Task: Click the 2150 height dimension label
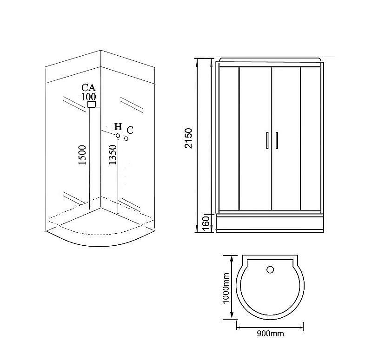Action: tap(188, 137)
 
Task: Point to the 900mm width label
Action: tap(270, 334)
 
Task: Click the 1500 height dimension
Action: tap(82, 155)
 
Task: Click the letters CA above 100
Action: tap(88, 88)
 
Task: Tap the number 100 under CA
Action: tap(88, 97)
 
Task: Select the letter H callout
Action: tap(118, 127)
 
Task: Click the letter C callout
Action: tap(130, 130)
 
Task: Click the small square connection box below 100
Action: tap(92, 105)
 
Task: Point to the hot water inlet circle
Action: tap(118, 136)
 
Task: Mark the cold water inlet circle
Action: tap(126, 138)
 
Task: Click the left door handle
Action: tap(267, 140)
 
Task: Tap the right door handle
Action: tap(276, 140)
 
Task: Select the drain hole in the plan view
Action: tap(270, 268)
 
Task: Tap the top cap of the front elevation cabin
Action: tap(270, 59)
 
